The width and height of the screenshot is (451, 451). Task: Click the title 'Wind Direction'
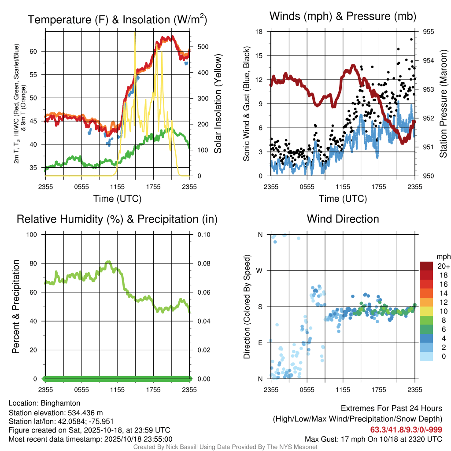click(x=343, y=219)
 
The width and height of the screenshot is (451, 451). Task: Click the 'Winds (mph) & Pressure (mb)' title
click(x=343, y=16)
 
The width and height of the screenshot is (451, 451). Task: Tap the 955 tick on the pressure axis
click(x=428, y=32)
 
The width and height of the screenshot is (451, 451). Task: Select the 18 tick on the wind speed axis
click(x=259, y=32)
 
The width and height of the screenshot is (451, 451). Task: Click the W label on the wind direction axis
click(x=260, y=270)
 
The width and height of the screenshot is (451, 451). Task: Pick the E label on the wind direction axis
click(x=260, y=343)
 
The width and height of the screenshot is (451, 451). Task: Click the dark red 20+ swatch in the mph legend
click(x=427, y=266)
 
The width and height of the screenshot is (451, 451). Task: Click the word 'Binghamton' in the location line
click(x=60, y=403)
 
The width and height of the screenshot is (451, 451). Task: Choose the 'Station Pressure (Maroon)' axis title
click(x=443, y=103)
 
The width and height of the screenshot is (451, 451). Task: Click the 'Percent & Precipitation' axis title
click(x=16, y=307)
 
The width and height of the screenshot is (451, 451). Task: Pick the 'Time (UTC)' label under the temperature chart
click(x=118, y=199)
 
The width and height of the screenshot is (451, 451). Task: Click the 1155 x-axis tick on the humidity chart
click(x=118, y=390)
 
